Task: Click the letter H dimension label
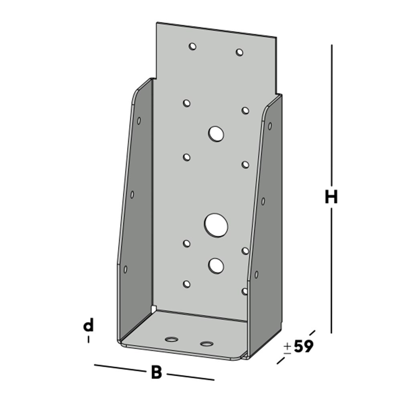(331, 197)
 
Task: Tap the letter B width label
(156, 373)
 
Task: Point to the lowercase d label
(88, 325)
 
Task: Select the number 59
(304, 346)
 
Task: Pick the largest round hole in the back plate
(216, 225)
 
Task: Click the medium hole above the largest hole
(216, 134)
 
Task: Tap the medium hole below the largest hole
(216, 265)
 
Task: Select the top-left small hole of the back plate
(192, 47)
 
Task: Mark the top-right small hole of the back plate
(239, 52)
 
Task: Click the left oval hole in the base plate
(172, 340)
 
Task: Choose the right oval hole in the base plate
(207, 344)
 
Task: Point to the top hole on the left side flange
(139, 120)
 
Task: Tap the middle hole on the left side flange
(132, 194)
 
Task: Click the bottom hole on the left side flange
(125, 269)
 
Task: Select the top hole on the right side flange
(270, 126)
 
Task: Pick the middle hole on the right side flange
(263, 201)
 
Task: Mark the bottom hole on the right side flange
(256, 275)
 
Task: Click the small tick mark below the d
(88, 340)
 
